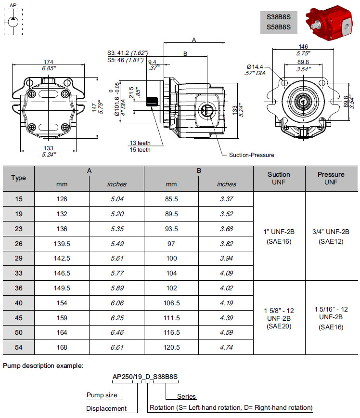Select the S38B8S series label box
[279, 16]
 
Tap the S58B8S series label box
[279, 27]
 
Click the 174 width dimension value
[48, 62]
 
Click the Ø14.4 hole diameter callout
[256, 66]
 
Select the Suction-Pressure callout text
[252, 155]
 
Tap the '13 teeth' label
[140, 143]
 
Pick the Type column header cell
[18, 178]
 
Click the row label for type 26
[18, 244]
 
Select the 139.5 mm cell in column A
[62, 244]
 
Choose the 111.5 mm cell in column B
[172, 318]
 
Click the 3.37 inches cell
[226, 199]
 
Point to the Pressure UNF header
[331, 178]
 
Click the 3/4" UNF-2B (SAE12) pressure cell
[331, 236]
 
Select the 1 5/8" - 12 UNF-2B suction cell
[279, 318]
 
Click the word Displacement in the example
[106, 408]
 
